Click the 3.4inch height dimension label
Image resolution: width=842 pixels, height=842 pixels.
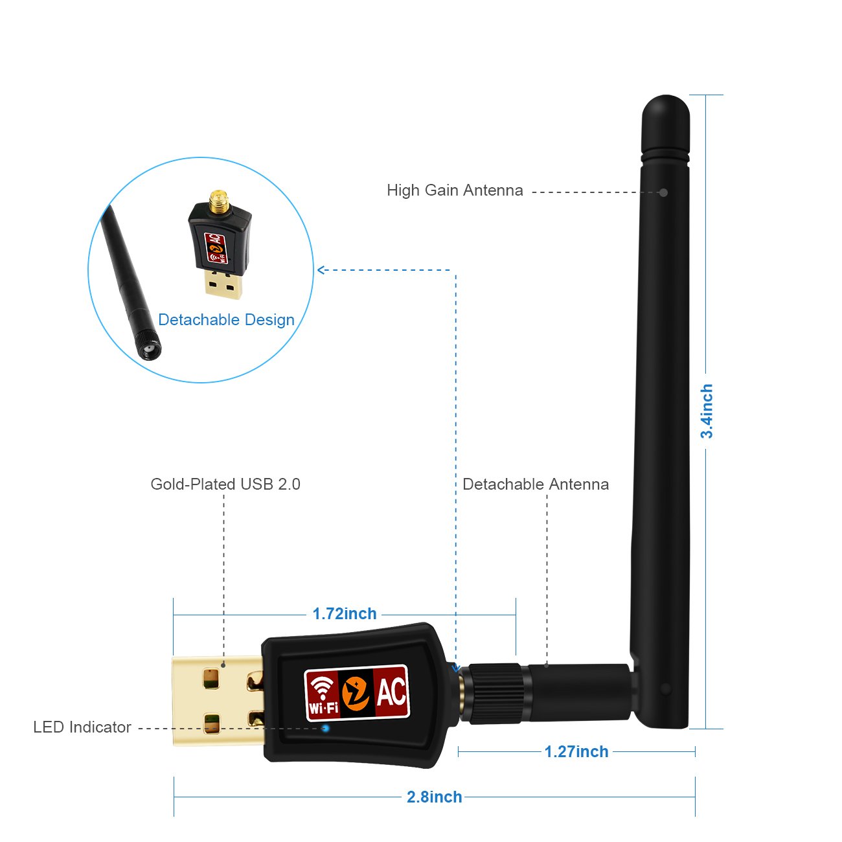tap(707, 411)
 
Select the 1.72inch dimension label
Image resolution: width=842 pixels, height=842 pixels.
tap(345, 613)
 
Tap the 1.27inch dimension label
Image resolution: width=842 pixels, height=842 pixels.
tap(576, 751)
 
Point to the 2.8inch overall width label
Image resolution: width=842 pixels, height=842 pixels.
tap(434, 797)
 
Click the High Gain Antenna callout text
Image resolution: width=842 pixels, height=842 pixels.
tap(455, 190)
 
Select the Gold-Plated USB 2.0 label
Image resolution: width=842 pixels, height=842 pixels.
tap(225, 484)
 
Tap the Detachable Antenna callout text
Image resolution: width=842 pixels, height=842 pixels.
tap(536, 484)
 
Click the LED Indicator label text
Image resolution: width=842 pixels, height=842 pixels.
tap(82, 727)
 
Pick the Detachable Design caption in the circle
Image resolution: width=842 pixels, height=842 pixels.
tap(226, 319)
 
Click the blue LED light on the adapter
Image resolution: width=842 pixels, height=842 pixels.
tap(326, 728)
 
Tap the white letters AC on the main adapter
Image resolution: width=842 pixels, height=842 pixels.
tap(391, 692)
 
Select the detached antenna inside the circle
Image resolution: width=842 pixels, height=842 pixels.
tap(130, 279)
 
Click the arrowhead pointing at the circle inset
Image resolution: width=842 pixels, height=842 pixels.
tap(321, 270)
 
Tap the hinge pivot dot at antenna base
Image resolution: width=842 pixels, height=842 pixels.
tap(665, 688)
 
